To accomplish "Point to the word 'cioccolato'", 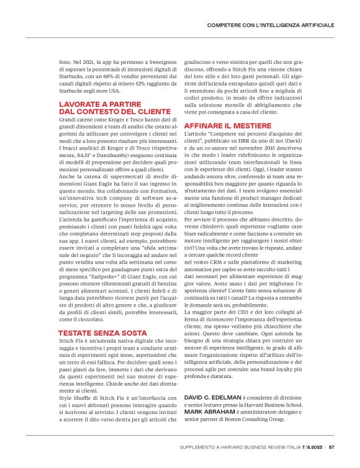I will (92, 318).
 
